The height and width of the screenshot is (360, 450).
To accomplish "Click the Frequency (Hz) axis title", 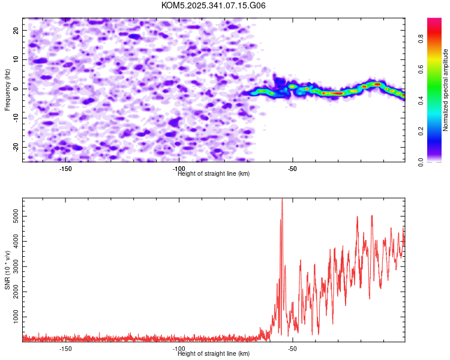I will click(7, 90).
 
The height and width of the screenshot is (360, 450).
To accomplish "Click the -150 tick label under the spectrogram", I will click(65, 169).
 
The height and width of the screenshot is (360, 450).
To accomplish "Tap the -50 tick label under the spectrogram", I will click(292, 169).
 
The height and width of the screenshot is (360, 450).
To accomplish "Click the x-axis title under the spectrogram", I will click(214, 174).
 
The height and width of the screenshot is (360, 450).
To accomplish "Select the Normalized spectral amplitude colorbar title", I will click(445, 90).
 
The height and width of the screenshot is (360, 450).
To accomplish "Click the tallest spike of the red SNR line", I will click(282, 200).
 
